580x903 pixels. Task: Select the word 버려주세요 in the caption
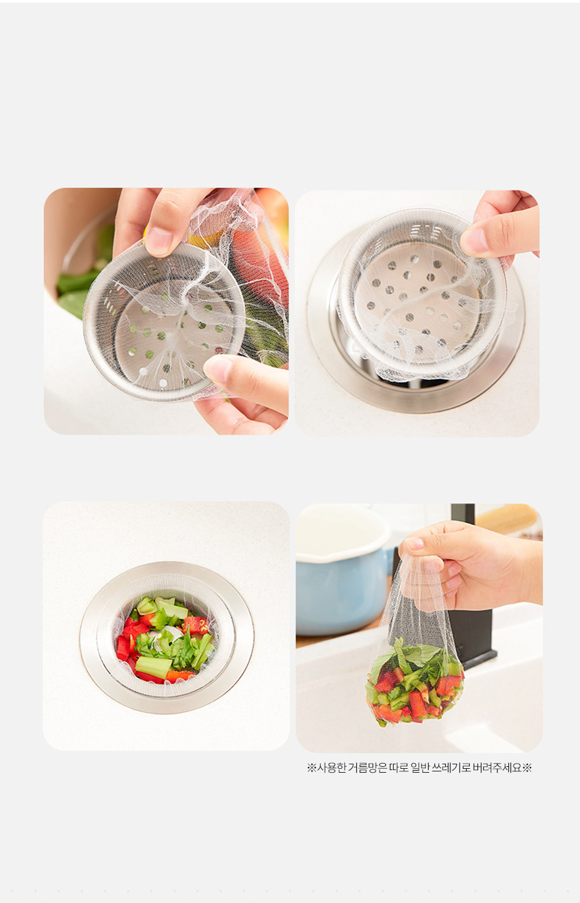[x=498, y=768]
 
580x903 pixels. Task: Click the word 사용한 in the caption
[x=332, y=768]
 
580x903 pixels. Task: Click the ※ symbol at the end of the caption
[x=527, y=768]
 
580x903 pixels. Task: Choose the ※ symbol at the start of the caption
[x=312, y=768]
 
